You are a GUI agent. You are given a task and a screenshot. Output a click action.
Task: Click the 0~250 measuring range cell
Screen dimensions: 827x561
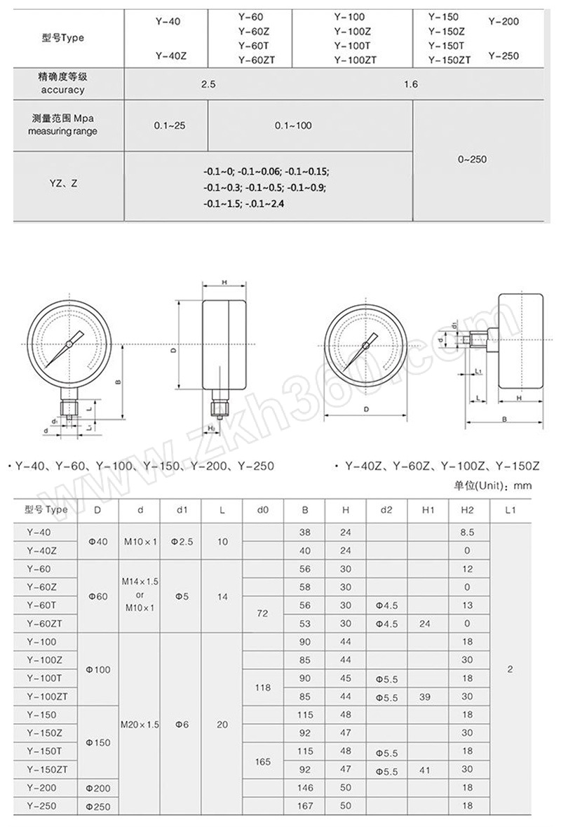(x=472, y=159)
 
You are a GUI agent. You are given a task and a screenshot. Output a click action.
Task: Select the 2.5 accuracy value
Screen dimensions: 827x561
(x=208, y=84)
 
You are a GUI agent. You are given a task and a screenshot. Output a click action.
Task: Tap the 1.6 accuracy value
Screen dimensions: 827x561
(x=411, y=84)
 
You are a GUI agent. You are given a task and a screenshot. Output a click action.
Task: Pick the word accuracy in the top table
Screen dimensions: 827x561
(x=62, y=90)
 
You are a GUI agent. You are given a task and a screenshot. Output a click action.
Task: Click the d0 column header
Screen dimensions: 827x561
(x=263, y=510)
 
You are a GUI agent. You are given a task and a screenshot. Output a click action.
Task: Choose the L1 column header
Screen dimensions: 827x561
(x=510, y=510)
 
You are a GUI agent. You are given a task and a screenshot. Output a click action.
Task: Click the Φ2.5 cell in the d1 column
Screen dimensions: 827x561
(x=181, y=542)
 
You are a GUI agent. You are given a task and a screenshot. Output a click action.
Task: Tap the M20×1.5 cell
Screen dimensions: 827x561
(x=140, y=724)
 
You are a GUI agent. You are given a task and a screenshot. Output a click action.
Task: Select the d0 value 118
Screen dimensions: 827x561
(x=263, y=688)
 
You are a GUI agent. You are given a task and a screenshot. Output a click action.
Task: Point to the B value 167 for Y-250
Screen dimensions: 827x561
(x=304, y=806)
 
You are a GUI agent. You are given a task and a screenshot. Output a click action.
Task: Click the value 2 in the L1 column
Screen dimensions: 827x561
(x=510, y=669)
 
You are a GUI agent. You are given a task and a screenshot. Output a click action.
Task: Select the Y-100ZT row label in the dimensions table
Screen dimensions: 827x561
(x=46, y=697)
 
